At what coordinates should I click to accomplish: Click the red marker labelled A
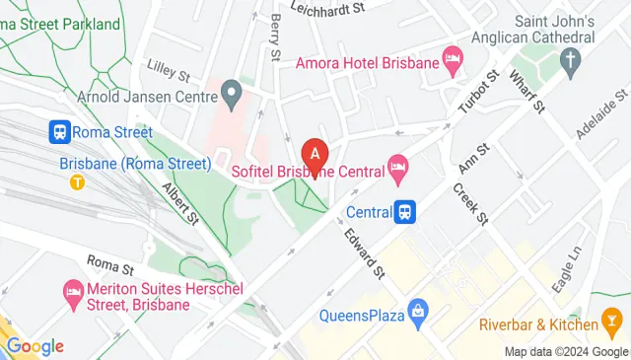(x=315, y=154)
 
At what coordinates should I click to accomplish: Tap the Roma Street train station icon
(x=59, y=132)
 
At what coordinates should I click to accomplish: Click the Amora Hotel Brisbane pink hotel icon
(x=453, y=63)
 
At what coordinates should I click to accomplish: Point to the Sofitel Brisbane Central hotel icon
(x=397, y=171)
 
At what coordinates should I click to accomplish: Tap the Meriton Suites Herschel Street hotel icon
(x=73, y=291)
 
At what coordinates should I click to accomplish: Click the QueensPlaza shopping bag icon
(x=418, y=316)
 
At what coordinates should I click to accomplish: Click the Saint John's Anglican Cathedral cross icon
(x=569, y=62)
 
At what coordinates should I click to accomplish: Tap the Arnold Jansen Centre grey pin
(x=232, y=97)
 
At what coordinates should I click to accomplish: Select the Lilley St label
(x=168, y=72)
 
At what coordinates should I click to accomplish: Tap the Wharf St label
(x=523, y=96)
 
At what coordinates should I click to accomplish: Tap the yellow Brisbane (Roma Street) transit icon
(x=76, y=181)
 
